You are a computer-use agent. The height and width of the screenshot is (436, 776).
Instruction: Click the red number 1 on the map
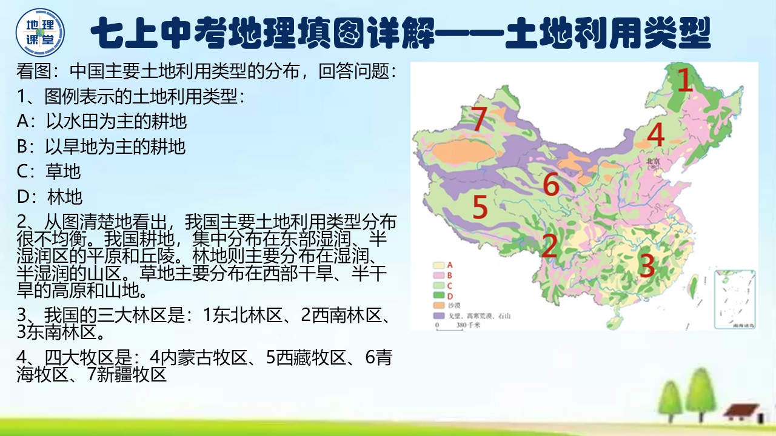pos(684,81)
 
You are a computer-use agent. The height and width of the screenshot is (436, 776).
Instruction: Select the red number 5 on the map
pos(480,207)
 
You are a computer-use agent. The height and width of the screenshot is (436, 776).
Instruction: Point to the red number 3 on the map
pos(647,264)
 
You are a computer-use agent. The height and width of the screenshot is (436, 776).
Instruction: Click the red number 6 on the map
pos(550,183)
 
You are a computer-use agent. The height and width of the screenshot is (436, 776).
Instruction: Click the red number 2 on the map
pos(549,246)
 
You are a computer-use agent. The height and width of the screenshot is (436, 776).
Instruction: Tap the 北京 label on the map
pos(653,162)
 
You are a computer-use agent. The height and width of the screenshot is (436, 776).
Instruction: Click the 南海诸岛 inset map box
pos(735,300)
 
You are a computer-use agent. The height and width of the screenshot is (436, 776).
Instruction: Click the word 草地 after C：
pos(63,171)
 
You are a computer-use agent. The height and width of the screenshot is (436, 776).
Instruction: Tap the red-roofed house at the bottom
pos(742,412)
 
